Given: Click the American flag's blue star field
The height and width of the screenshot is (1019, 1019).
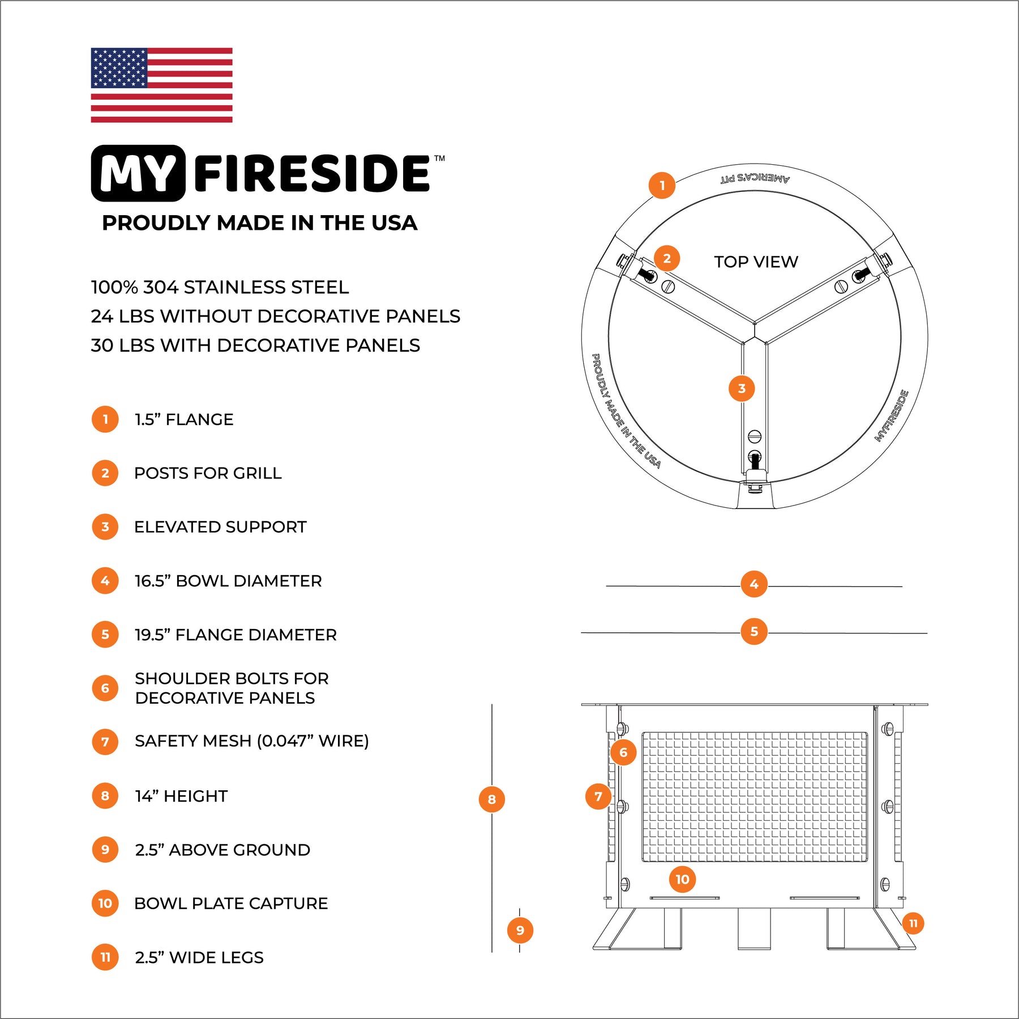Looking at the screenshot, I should point(119,68).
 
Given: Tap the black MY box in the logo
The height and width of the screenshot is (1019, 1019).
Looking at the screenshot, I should point(138,173).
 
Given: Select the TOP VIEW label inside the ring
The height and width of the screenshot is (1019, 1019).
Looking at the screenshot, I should point(756,262).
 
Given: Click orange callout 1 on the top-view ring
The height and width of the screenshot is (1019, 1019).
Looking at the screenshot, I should point(662,186).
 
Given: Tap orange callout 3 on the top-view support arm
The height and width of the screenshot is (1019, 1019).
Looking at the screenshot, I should point(742,388).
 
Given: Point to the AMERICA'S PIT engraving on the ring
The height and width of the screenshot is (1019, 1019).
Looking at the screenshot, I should point(755,178).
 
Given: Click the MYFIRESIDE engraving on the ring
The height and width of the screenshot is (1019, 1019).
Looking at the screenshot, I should point(892,416).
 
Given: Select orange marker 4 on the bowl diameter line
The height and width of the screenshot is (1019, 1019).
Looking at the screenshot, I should point(754,584).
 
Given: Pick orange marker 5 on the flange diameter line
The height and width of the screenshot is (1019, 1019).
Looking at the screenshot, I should point(754,632).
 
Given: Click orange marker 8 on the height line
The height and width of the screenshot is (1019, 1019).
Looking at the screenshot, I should point(491,799).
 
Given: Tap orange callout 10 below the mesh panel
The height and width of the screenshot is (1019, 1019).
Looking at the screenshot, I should point(682,879).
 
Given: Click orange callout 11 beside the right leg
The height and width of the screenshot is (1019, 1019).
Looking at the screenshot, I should point(913,923).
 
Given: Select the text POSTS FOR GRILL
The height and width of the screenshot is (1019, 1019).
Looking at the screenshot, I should point(208,473).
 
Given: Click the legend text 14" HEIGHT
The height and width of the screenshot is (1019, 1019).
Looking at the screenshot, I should point(181,796).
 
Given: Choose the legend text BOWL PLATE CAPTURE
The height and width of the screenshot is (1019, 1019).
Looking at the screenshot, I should point(231,904).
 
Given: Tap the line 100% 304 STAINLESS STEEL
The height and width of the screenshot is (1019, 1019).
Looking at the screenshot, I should point(220,288).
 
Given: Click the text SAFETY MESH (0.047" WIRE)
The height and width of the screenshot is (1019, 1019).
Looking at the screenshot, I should point(251,741).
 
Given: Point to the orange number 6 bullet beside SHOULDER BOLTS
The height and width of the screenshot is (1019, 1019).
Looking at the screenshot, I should point(105,688).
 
